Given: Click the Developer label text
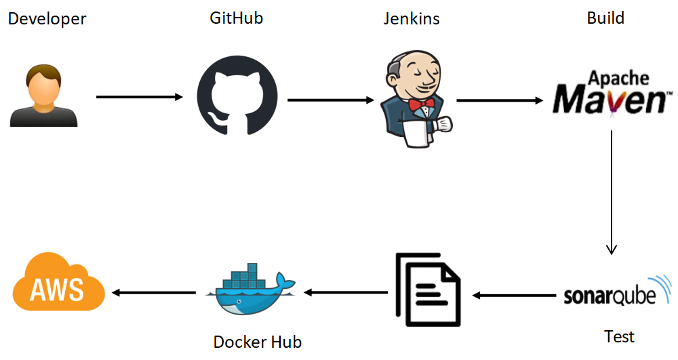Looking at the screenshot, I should click(x=47, y=19).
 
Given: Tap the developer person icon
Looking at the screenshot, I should click(x=43, y=96).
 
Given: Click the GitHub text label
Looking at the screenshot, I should click(x=236, y=18).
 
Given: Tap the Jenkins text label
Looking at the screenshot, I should click(x=411, y=19).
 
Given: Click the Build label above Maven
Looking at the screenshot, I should click(x=605, y=18).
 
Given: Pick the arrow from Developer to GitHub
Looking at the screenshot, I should click(x=140, y=97).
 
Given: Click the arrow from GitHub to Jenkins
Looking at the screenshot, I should click(x=331, y=100).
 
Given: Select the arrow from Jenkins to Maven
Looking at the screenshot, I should click(x=500, y=100).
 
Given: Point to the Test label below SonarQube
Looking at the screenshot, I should click(x=619, y=336).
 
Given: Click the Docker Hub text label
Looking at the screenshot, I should click(x=257, y=342).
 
